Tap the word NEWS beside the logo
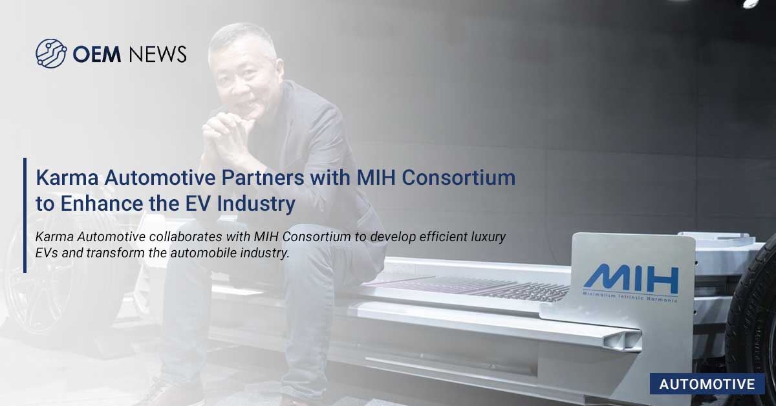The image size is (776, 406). pos(157,54)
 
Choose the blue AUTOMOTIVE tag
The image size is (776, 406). pos(707,384)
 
